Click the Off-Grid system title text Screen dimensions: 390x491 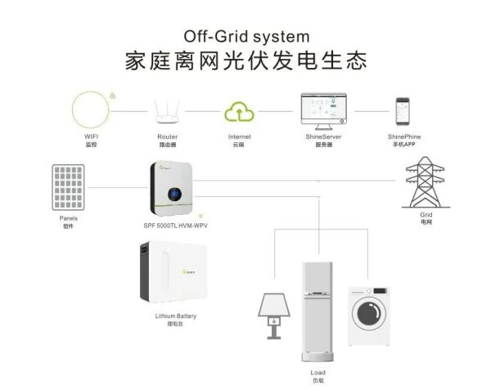245,36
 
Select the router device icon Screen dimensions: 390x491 167,111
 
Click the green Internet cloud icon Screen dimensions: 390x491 240,111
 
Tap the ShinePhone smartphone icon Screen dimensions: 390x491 403,111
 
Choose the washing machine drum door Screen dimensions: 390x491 370,313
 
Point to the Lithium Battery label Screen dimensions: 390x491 175,316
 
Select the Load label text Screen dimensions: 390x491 318,373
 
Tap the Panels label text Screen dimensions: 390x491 69,218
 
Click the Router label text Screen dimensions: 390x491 167,137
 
